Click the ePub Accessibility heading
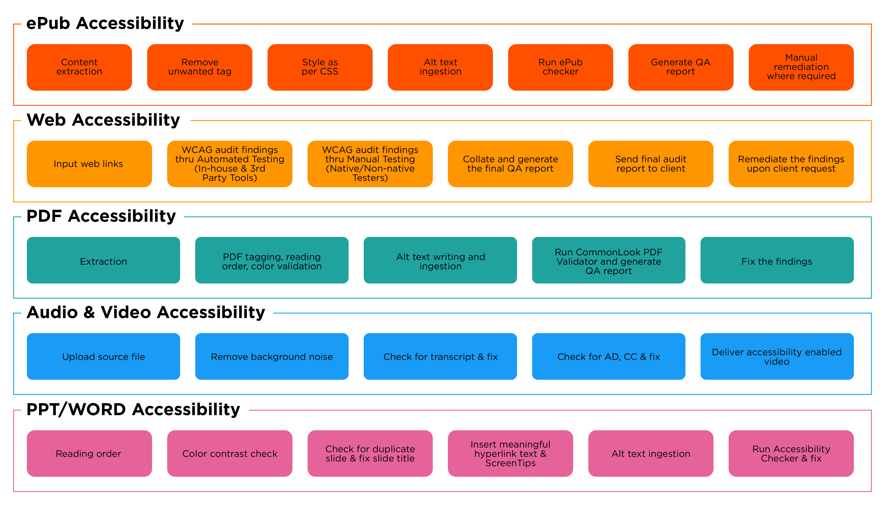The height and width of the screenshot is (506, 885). [105, 24]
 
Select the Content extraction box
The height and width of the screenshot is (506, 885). [79, 67]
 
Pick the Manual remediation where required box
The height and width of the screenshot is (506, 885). [801, 67]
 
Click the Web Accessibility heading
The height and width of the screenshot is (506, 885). [103, 120]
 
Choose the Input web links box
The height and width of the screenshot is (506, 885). [89, 164]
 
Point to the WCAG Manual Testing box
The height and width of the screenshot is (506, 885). [370, 164]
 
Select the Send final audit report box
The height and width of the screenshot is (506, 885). [651, 164]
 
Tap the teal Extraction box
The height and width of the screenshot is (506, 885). [103, 260]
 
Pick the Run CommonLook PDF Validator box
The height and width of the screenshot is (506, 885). [608, 260]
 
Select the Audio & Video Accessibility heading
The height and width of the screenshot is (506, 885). [146, 312]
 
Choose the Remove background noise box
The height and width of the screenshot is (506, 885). [272, 356]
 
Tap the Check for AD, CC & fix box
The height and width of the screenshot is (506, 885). [608, 356]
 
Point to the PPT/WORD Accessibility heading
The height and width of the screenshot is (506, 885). [133, 409]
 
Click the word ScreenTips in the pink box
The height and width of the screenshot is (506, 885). [510, 463]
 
